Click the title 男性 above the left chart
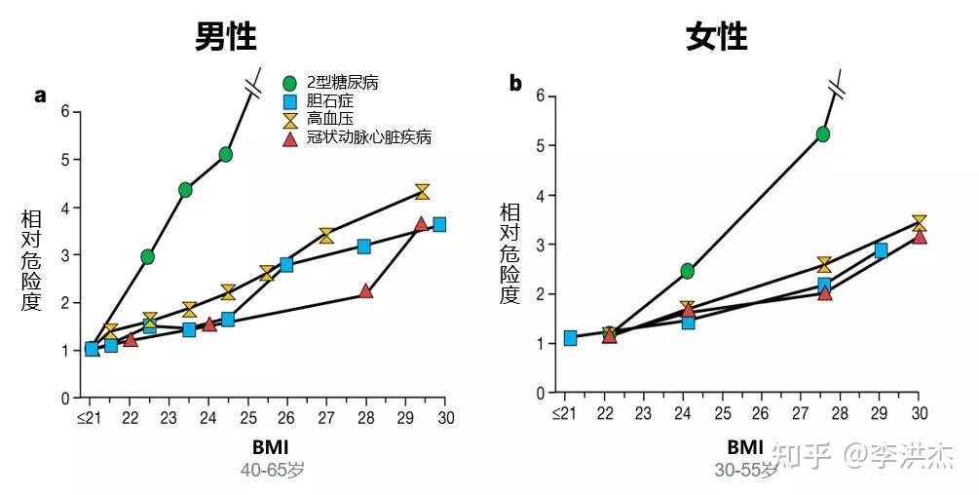(225, 36)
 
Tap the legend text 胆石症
(329, 100)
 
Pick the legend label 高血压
(329, 119)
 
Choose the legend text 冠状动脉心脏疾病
(368, 137)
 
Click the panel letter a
(41, 95)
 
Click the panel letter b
(515, 84)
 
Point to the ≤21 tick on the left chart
(90, 417)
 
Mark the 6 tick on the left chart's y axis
(65, 111)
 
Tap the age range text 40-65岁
(273, 469)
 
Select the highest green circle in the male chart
(226, 154)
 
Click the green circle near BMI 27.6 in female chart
(823, 133)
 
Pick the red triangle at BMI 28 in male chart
(365, 290)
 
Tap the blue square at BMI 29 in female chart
(881, 250)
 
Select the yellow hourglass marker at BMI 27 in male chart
(326, 235)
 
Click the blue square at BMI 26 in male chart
(286, 264)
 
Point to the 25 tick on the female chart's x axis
(722, 412)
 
